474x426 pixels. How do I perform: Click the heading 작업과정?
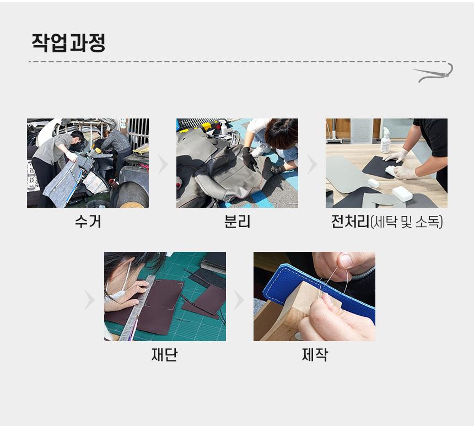coord(68,42)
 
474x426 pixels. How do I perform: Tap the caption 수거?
coord(88,222)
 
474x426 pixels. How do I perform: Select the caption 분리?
coord(238,222)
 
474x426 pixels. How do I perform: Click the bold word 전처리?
coord(351,222)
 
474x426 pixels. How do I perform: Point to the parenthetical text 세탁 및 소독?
coord(407,222)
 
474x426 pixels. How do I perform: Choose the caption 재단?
coord(164,354)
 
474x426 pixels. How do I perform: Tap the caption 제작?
coord(314,354)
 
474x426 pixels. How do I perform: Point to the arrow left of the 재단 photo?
coord(90,300)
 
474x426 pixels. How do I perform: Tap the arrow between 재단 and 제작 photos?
coord(239,300)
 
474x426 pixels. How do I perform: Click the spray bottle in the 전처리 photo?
coord(385,141)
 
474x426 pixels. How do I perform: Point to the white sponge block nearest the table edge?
coord(402,193)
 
